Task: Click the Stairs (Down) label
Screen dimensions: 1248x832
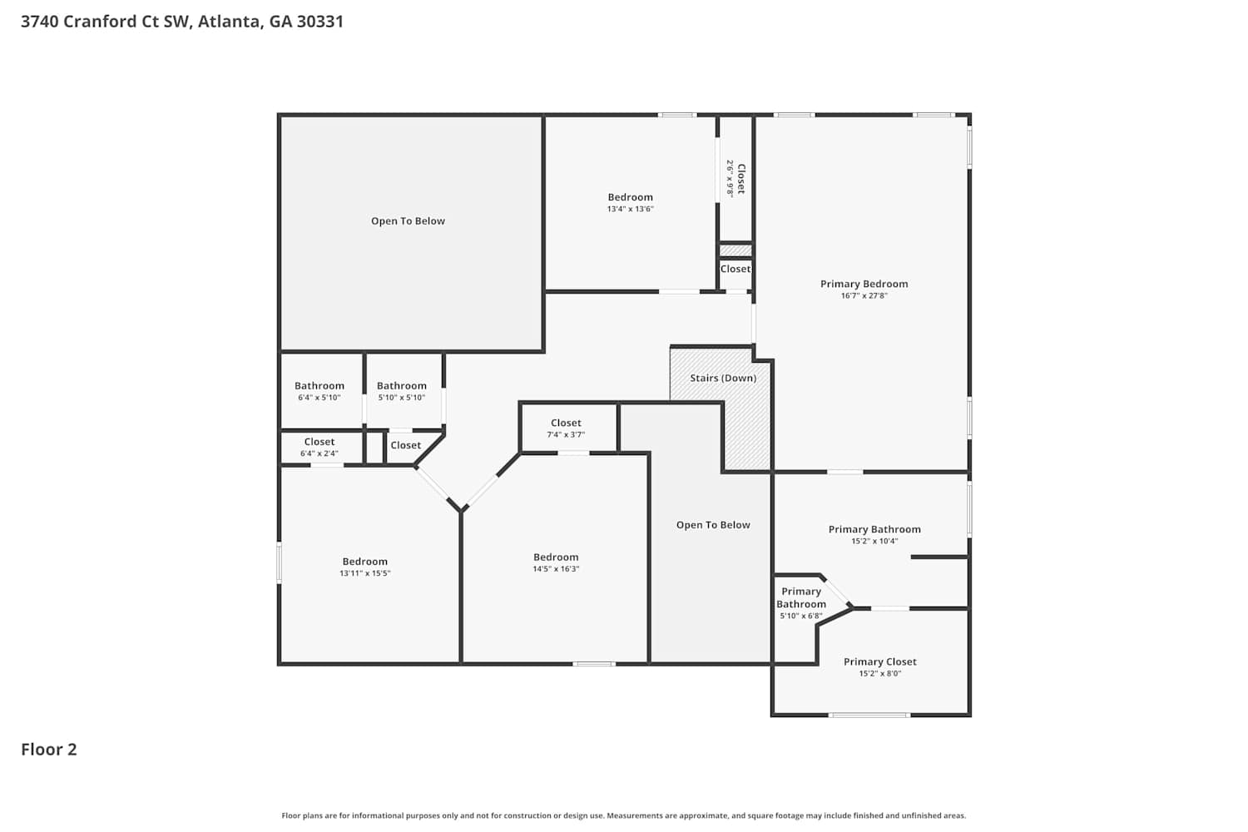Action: [723, 378]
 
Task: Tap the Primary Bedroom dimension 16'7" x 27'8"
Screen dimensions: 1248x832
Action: [864, 295]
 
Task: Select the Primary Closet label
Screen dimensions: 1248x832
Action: [879, 661]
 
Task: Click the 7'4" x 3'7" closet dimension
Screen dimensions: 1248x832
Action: [566, 434]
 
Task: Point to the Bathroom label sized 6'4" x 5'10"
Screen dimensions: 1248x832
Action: [319, 385]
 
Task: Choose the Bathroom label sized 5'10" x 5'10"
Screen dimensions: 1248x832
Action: [402, 385]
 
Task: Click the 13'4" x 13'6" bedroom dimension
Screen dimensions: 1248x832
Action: [630, 209]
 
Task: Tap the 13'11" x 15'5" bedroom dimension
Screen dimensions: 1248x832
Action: [365, 573]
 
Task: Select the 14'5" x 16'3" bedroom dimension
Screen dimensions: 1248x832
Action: [556, 568]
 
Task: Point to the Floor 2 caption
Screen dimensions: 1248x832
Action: [49, 750]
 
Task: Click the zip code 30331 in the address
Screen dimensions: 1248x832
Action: [320, 21]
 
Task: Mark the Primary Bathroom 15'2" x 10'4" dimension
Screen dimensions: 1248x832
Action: [874, 541]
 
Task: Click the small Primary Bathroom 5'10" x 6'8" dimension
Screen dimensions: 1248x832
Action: [801, 616]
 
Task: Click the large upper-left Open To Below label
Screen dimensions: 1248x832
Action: [408, 220]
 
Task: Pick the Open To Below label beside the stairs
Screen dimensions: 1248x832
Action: [713, 524]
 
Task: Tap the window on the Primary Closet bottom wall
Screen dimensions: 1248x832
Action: [869, 715]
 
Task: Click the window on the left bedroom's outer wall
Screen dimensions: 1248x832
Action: [279, 562]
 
